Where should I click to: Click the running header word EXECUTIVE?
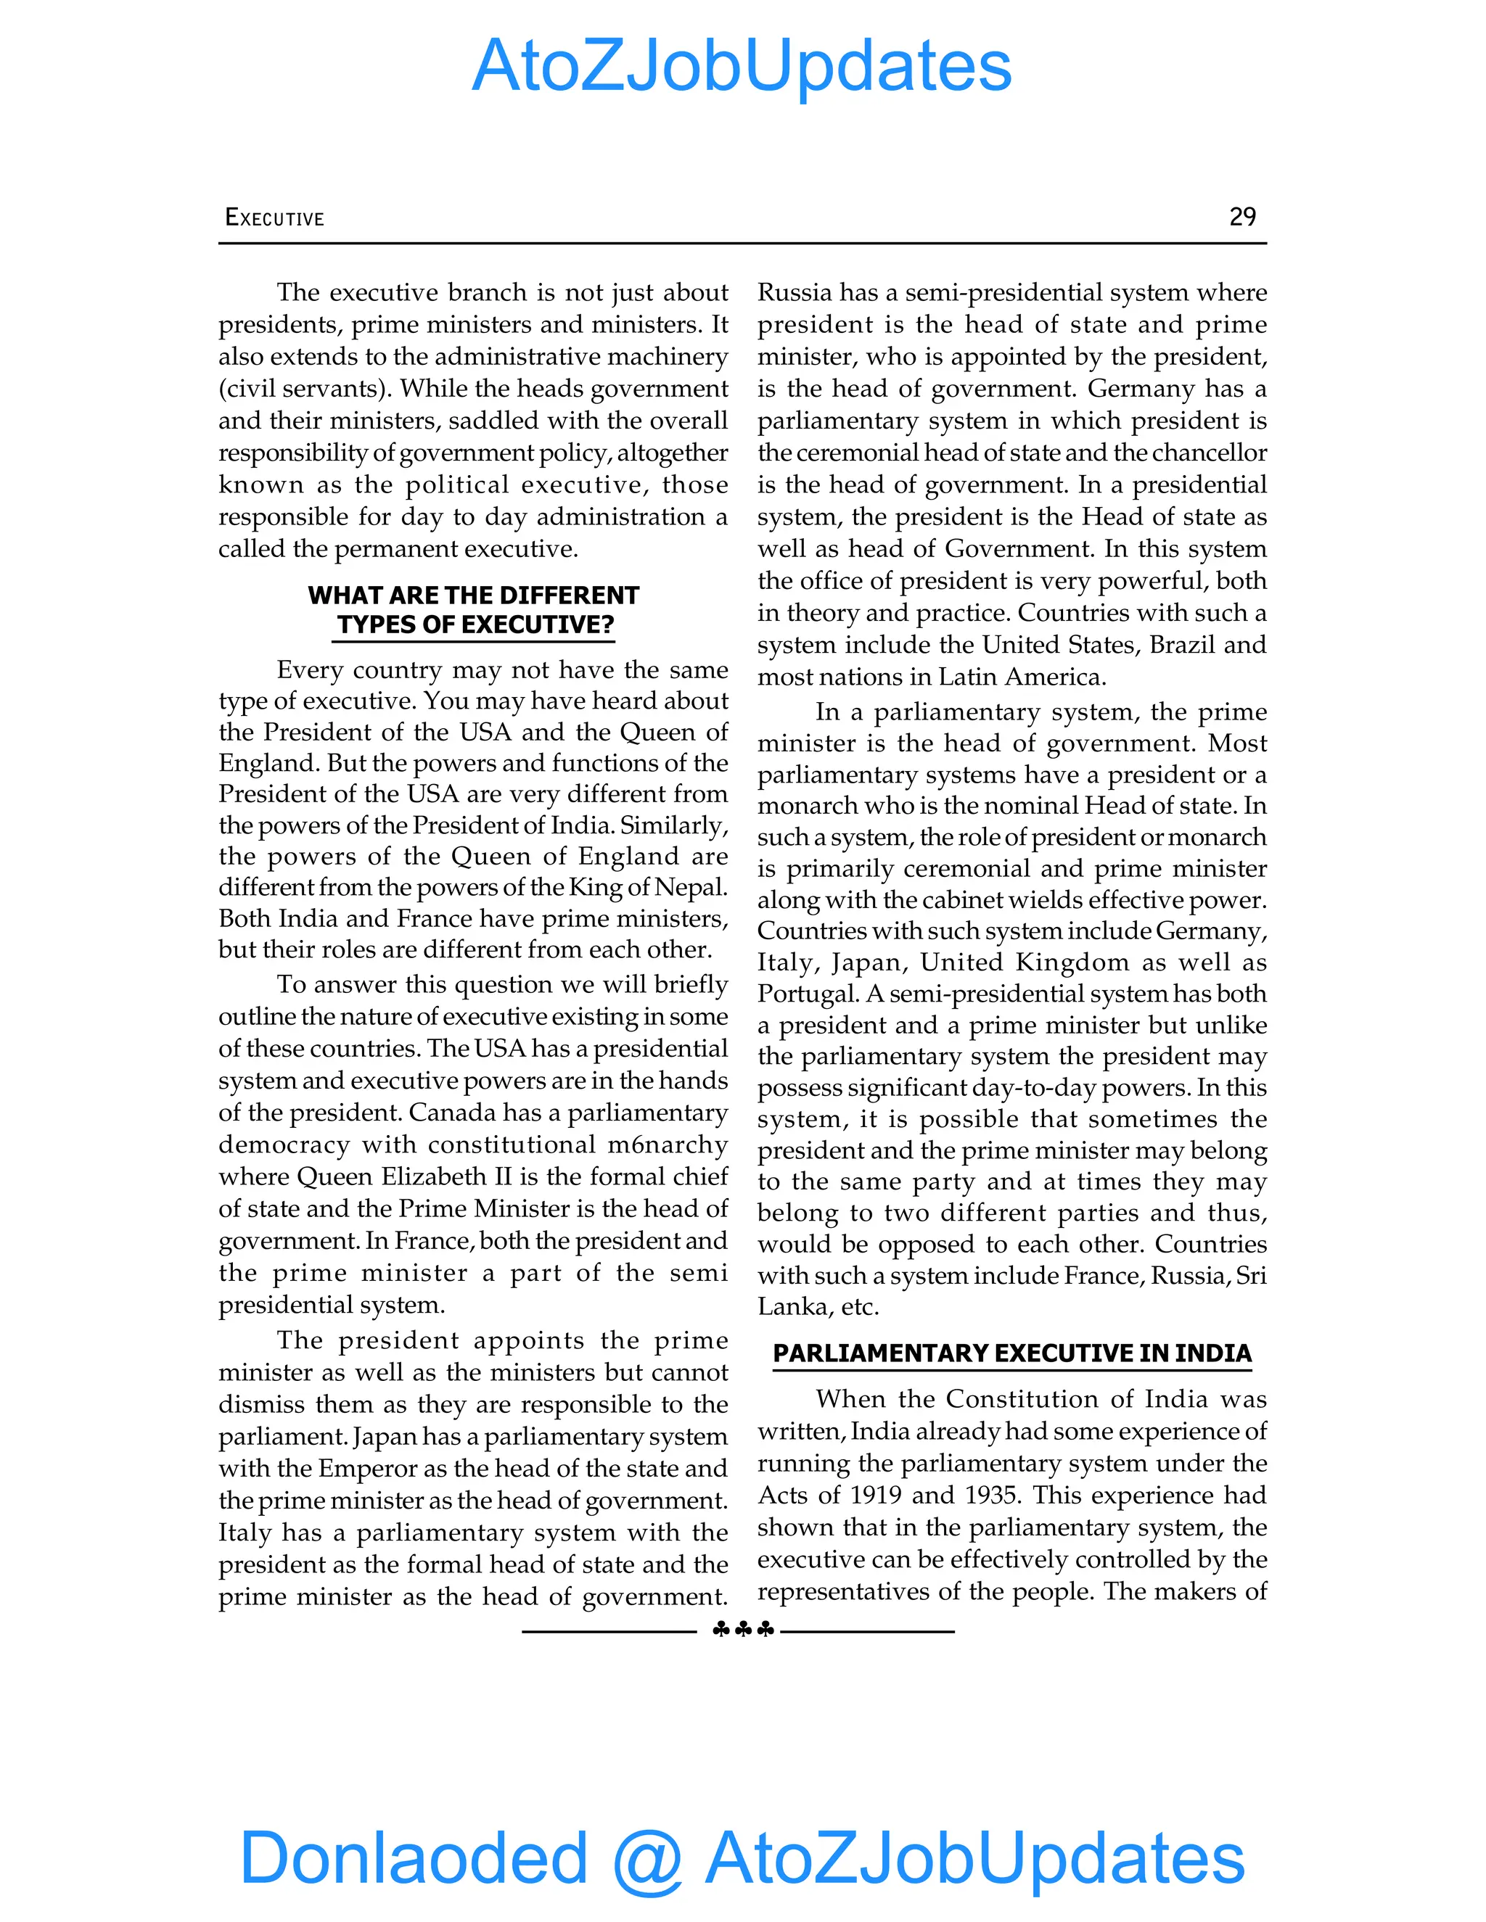[x=275, y=218]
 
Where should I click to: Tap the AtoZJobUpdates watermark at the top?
[x=742, y=66]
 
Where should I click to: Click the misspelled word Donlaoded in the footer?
[x=414, y=1857]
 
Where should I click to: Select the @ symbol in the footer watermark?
[x=647, y=1859]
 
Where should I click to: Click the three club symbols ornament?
[x=742, y=1630]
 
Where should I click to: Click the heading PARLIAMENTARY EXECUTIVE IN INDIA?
[x=1011, y=1353]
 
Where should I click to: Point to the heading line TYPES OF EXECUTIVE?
[x=475, y=624]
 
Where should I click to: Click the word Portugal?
[x=808, y=994]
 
